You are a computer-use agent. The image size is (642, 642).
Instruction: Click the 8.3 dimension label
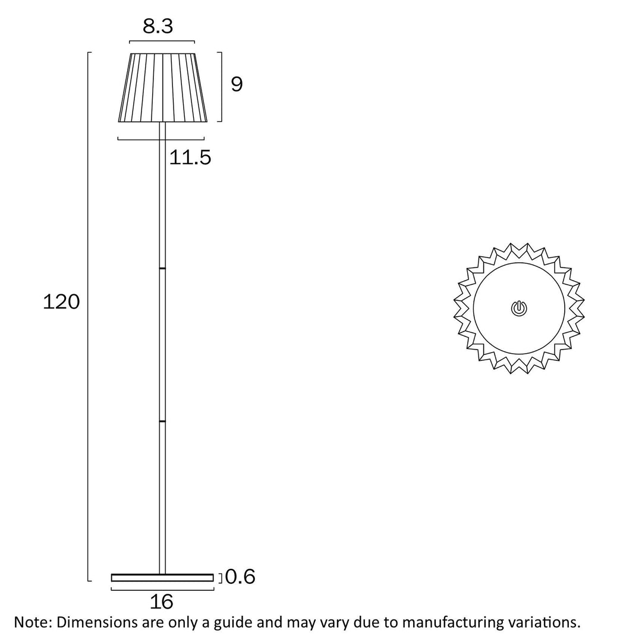158,26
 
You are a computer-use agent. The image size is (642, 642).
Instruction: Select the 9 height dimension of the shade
237,85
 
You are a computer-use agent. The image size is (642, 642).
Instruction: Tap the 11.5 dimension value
190,158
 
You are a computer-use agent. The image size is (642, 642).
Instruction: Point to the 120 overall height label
61,302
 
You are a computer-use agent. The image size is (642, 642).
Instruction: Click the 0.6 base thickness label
240,577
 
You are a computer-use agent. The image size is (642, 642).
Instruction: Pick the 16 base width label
162,602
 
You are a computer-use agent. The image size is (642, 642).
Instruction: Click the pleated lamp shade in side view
162,87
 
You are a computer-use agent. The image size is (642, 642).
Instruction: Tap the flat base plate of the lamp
162,577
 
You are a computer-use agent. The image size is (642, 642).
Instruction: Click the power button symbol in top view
518,308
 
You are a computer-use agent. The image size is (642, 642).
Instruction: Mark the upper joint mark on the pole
162,269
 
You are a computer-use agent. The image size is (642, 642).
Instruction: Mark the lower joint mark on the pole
162,421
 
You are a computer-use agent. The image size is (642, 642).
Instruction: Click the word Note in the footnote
33,622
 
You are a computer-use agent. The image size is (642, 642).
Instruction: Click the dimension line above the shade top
162,42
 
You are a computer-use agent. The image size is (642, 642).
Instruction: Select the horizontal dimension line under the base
162,590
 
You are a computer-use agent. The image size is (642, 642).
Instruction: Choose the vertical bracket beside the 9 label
221,87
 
